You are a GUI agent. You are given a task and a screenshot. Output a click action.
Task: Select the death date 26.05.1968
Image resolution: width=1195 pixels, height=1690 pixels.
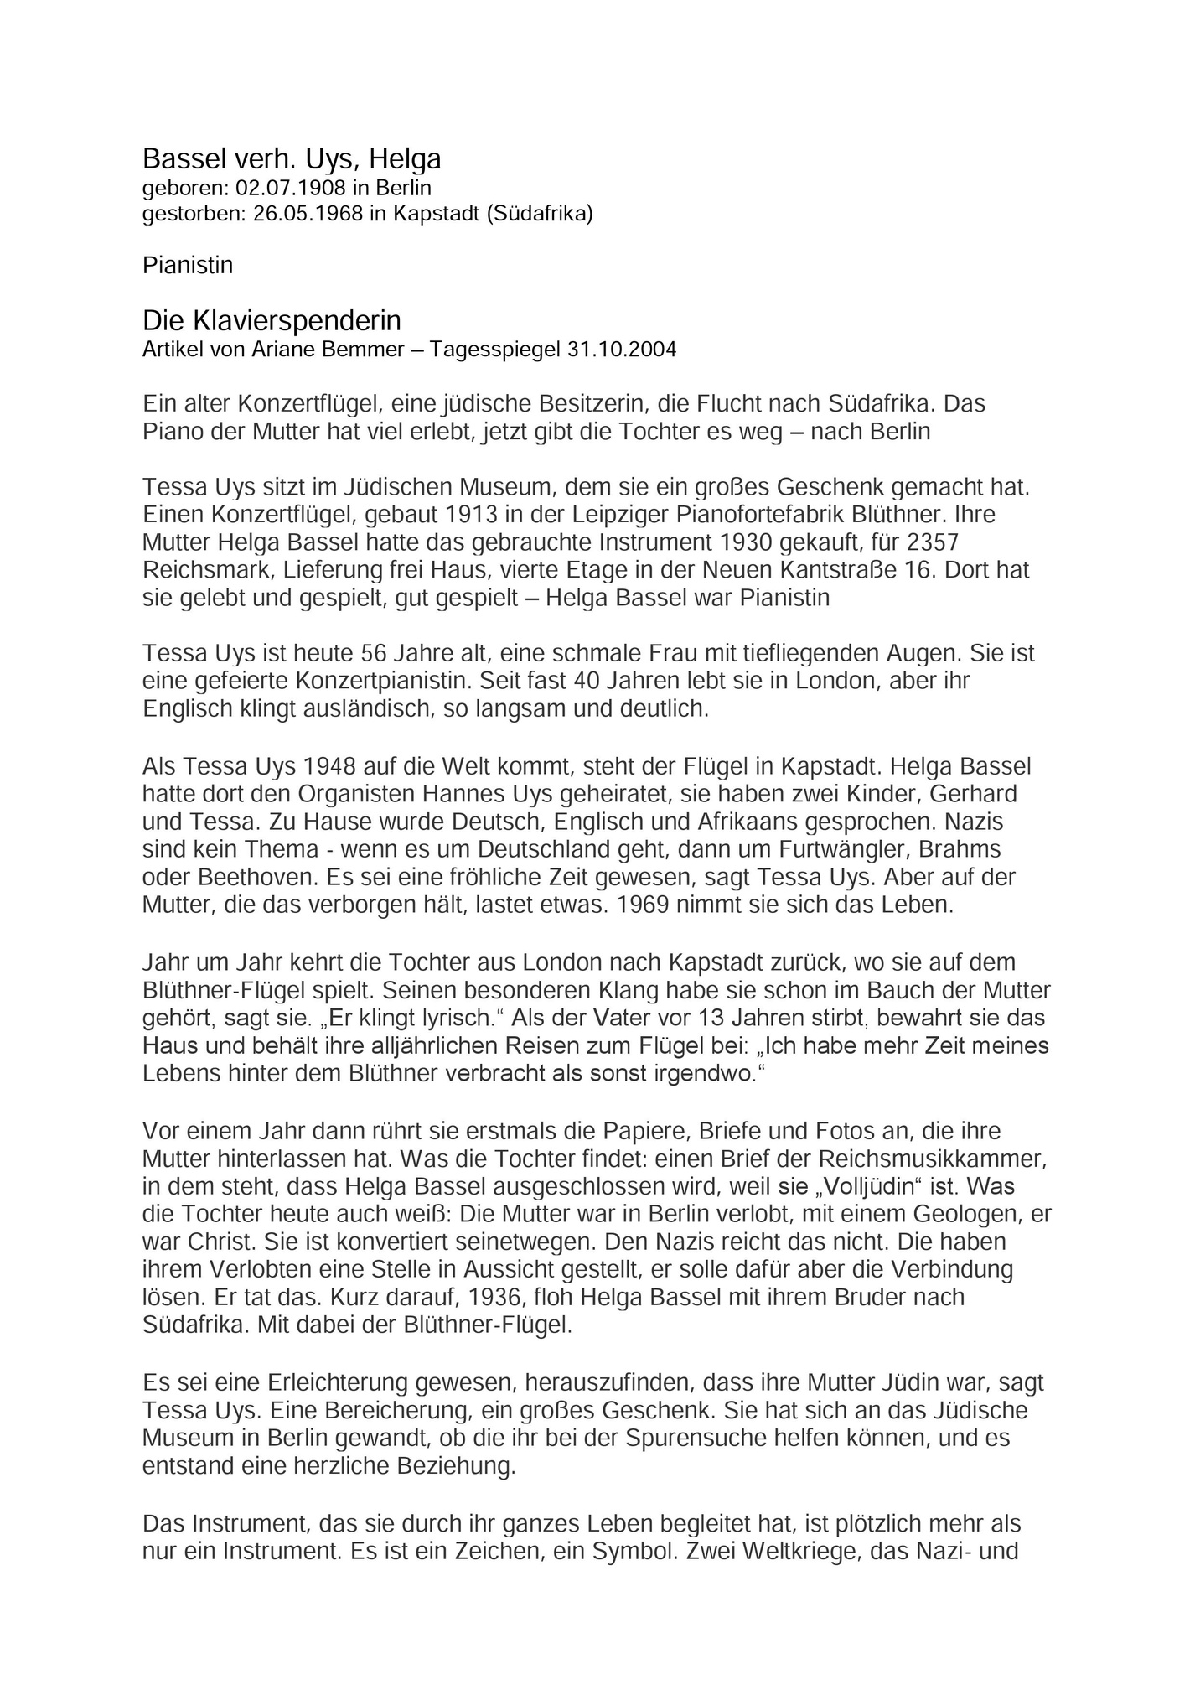(x=308, y=214)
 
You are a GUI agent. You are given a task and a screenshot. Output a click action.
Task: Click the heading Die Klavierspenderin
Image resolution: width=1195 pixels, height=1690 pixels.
(x=272, y=320)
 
